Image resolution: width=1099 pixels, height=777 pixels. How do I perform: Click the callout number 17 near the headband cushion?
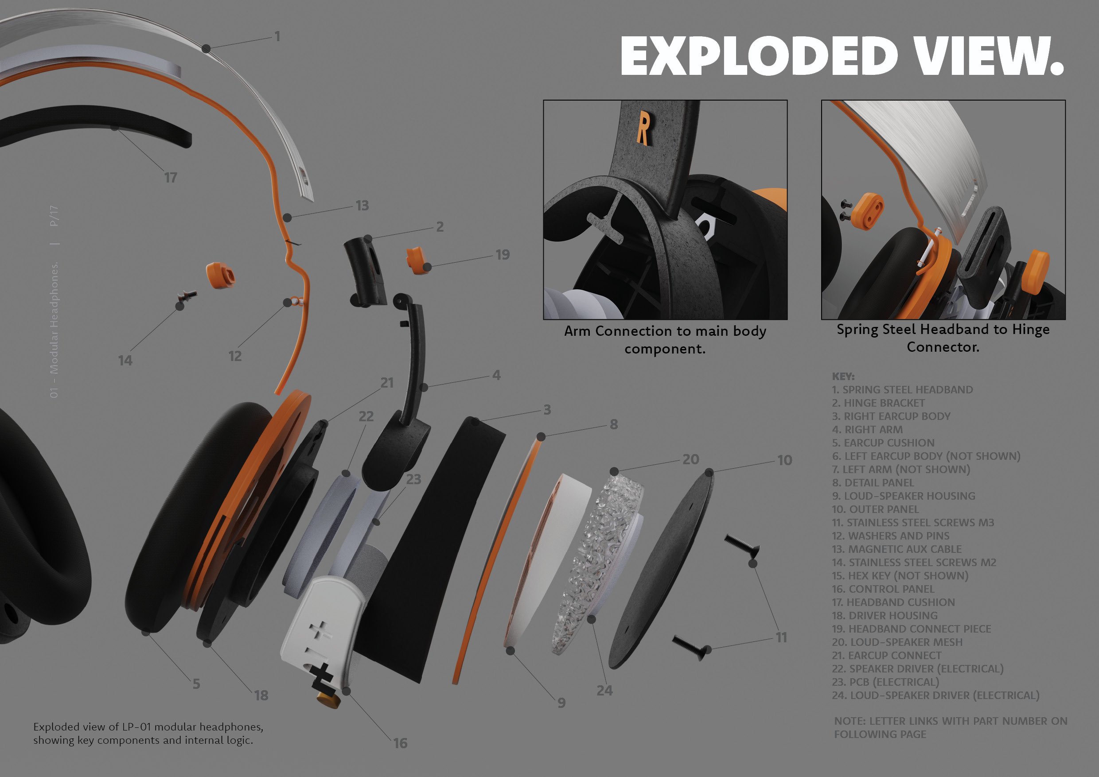[x=171, y=178]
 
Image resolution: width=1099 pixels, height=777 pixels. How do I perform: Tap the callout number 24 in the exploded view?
[x=604, y=691]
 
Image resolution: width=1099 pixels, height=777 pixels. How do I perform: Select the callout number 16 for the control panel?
[x=400, y=743]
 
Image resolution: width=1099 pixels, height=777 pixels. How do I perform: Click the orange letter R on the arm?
[x=643, y=128]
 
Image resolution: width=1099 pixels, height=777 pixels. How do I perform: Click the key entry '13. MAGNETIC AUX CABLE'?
[x=896, y=549]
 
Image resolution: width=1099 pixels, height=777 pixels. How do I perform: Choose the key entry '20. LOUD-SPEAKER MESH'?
[x=897, y=642]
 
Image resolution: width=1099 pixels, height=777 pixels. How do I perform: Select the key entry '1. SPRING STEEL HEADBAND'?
[x=902, y=389]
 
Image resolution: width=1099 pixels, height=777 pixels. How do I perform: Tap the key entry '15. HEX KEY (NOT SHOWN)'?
[x=900, y=575]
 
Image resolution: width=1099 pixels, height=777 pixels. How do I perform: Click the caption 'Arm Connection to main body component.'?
[x=665, y=340]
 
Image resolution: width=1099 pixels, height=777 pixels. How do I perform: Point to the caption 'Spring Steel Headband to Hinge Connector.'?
[x=943, y=338]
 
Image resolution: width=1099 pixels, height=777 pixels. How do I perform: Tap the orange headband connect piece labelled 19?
[x=416, y=260]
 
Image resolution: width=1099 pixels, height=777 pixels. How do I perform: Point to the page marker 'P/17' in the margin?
[x=54, y=216]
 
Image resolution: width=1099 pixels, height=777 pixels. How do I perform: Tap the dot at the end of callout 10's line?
[x=709, y=473]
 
